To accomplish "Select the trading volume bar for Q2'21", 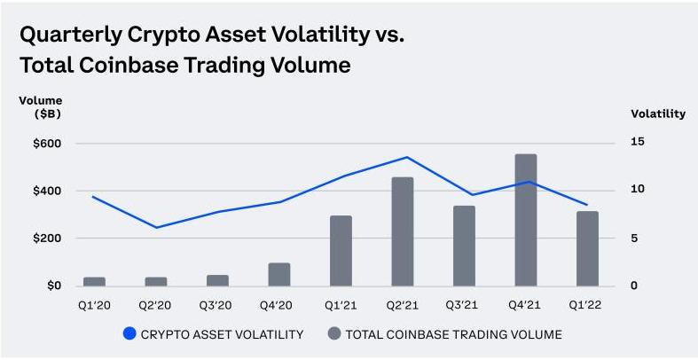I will pyautogui.click(x=403, y=231).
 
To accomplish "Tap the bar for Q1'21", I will pyautogui.click(x=341, y=250).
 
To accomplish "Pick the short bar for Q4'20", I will pyautogui.click(x=279, y=274).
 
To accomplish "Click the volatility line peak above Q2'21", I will pyautogui.click(x=406, y=158).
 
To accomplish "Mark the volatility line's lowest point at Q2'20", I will pyautogui.click(x=157, y=228).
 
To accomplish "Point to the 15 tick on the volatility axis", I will pyautogui.click(x=637, y=143).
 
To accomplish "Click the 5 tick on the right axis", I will pyautogui.click(x=633, y=239).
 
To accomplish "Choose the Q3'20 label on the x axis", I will pyautogui.click(x=216, y=306).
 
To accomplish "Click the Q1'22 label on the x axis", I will pyautogui.click(x=586, y=306).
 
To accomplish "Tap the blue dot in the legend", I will pyautogui.click(x=130, y=334).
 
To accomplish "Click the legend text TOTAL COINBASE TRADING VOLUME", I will pyautogui.click(x=453, y=334).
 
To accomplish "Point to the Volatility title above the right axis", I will pyautogui.click(x=658, y=113).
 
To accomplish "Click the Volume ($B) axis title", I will pyautogui.click(x=40, y=107).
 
